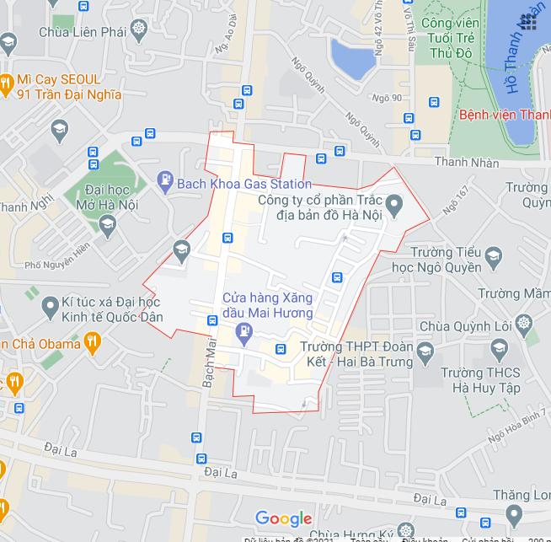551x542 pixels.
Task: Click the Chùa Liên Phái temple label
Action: (x=83, y=32)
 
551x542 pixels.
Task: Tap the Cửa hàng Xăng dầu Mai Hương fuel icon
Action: (x=244, y=330)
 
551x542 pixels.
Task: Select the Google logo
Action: (x=283, y=518)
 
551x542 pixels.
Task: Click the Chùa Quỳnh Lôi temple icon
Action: (x=525, y=324)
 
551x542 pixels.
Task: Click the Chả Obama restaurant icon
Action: (x=93, y=342)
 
